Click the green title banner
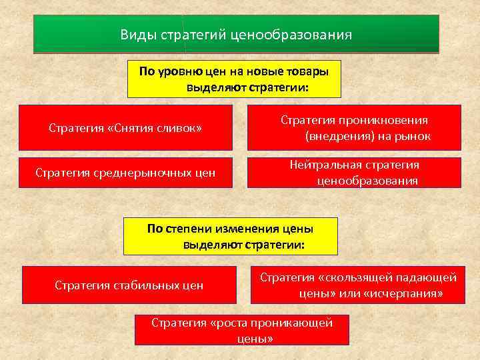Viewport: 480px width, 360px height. (x=236, y=33)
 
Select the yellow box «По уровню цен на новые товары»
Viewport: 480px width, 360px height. (x=234, y=79)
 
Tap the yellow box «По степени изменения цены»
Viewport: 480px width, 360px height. (x=231, y=237)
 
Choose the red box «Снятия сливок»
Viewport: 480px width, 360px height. (x=127, y=127)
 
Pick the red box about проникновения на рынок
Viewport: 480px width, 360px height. (x=354, y=127)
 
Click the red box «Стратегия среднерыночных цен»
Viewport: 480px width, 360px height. (x=126, y=173)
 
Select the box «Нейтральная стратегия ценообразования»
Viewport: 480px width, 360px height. (x=354, y=173)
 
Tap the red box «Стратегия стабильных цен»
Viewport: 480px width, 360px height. (x=129, y=285)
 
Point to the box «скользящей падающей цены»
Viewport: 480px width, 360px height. (x=358, y=285)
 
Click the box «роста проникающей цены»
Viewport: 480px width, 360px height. (x=242, y=330)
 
